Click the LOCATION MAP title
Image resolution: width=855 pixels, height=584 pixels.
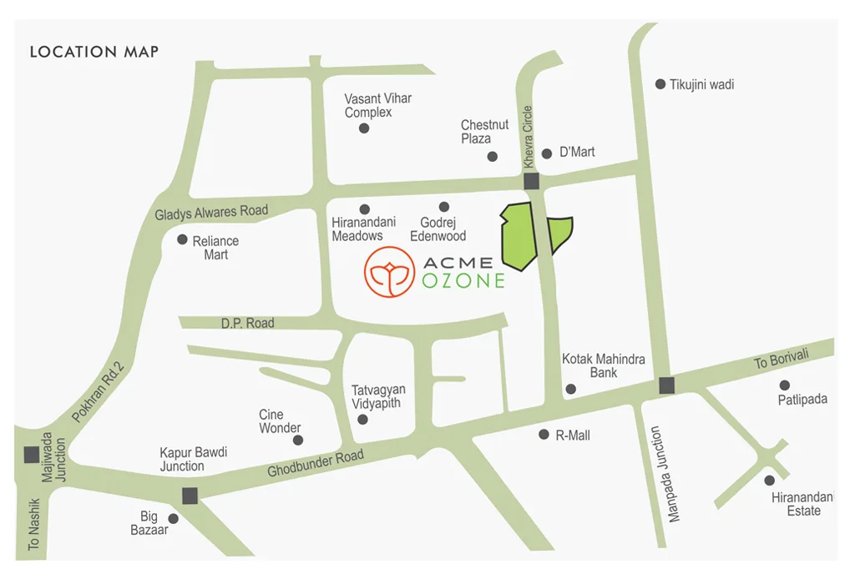pyautogui.click(x=94, y=52)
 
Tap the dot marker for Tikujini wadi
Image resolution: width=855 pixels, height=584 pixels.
pyautogui.click(x=660, y=84)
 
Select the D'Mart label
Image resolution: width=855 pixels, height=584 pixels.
pyautogui.click(x=577, y=152)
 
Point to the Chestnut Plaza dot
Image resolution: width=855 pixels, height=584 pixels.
pyautogui.click(x=493, y=156)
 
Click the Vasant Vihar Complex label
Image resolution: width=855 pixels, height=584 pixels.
pyautogui.click(x=378, y=105)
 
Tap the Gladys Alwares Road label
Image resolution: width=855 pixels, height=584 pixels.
pyautogui.click(x=211, y=212)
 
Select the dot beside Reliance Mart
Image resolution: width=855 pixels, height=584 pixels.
pyautogui.click(x=182, y=239)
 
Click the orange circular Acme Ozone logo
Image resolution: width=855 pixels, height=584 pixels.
pyautogui.click(x=389, y=271)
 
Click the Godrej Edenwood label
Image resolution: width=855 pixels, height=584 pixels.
pyautogui.click(x=438, y=229)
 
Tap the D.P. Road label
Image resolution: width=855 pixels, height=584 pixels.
pyautogui.click(x=247, y=323)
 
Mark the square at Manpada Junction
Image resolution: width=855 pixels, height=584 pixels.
pyautogui.click(x=666, y=385)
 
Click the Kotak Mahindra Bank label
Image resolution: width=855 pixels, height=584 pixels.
pyautogui.click(x=603, y=365)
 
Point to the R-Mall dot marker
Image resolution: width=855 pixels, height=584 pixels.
pyautogui.click(x=544, y=434)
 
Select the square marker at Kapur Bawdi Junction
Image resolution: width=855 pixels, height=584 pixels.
pyautogui.click(x=190, y=496)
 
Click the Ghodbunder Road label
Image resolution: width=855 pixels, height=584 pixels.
pyautogui.click(x=316, y=464)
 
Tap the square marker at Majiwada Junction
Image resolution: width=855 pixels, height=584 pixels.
pyautogui.click(x=31, y=455)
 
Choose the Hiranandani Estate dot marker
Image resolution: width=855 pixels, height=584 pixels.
pyautogui.click(x=769, y=480)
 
